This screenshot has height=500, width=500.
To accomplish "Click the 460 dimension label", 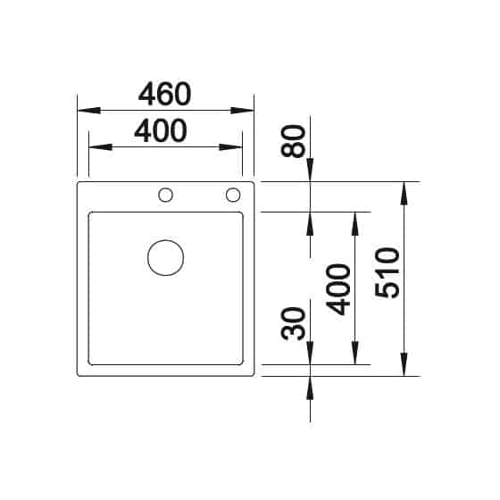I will pyautogui.click(x=165, y=93).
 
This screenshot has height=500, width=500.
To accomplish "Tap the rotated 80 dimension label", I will pyautogui.click(x=296, y=140).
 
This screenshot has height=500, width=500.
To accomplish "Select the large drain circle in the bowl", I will pyautogui.click(x=166, y=258).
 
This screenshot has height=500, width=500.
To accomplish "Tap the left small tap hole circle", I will pyautogui.click(x=166, y=195).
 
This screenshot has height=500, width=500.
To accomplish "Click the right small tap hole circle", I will pyautogui.click(x=233, y=195).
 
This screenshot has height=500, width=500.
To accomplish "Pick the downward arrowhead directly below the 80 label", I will pyautogui.click(x=310, y=171).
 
